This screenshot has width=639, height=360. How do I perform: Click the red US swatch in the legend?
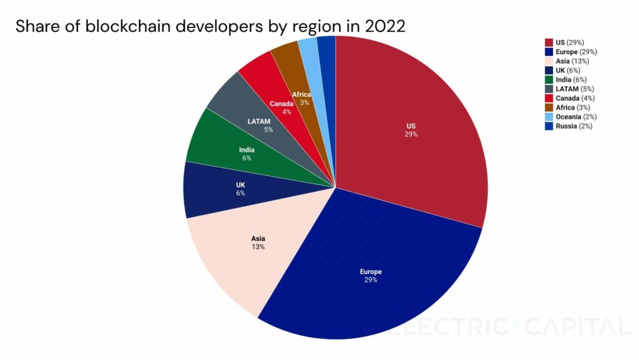click(x=549, y=42)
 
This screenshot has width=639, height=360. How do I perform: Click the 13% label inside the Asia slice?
click(x=258, y=247)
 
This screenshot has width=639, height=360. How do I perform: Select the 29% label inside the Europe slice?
click(x=371, y=280)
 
